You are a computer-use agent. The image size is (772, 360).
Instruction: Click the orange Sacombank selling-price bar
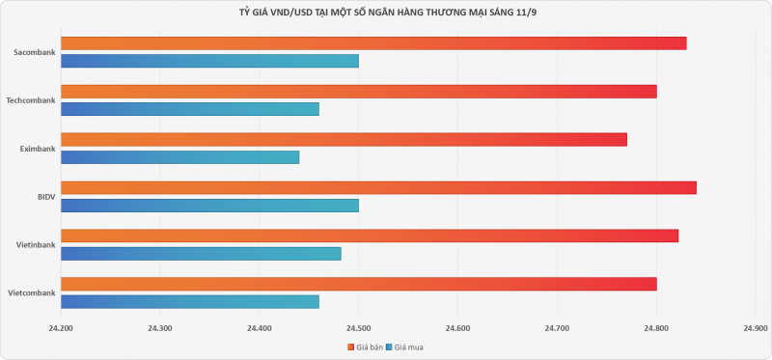(373, 43)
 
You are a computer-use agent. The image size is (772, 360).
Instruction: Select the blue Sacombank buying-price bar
(209, 61)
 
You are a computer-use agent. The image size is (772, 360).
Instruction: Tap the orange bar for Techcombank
(359, 92)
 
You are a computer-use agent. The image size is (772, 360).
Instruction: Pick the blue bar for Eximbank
(180, 157)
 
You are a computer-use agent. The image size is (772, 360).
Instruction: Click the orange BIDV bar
(378, 187)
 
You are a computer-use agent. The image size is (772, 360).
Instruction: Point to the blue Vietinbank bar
(201, 254)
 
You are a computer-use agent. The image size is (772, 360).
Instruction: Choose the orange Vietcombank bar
(359, 284)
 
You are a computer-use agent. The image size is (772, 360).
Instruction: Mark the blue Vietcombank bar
(190, 302)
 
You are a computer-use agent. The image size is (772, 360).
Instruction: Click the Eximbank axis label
(38, 149)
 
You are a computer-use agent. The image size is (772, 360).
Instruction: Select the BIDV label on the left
(46, 197)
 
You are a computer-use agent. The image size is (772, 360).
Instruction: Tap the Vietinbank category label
(36, 245)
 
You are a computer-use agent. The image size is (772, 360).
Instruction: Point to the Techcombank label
(31, 100)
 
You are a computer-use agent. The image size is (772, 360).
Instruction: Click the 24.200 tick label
(61, 327)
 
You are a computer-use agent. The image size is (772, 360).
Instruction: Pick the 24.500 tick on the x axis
(358, 327)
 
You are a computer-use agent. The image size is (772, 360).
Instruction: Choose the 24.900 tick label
(756, 327)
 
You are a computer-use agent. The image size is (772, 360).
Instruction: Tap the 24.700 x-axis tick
(557, 327)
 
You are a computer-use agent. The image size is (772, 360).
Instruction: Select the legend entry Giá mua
(404, 347)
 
